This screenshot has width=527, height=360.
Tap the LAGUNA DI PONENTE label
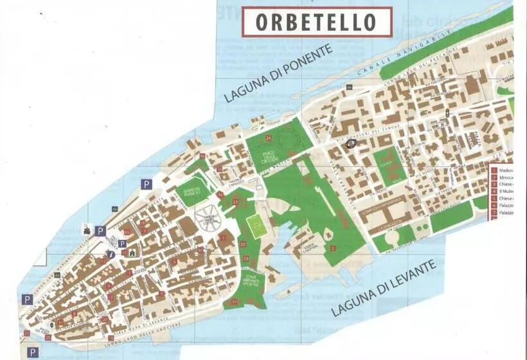click(x=278, y=73)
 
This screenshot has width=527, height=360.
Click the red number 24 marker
click(x=268, y=138)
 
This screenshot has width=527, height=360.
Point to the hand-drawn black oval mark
click(x=352, y=144)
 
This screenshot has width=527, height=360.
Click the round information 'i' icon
click(x=112, y=254)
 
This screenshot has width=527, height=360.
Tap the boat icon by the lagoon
click(x=85, y=229)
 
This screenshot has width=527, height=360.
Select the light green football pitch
click(x=258, y=227)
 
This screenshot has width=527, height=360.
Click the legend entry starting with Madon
click(x=505, y=171)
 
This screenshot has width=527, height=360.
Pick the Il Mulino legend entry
click(x=505, y=191)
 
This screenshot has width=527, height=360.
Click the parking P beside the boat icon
click(x=100, y=231)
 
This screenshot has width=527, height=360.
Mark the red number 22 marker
click(x=242, y=244)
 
